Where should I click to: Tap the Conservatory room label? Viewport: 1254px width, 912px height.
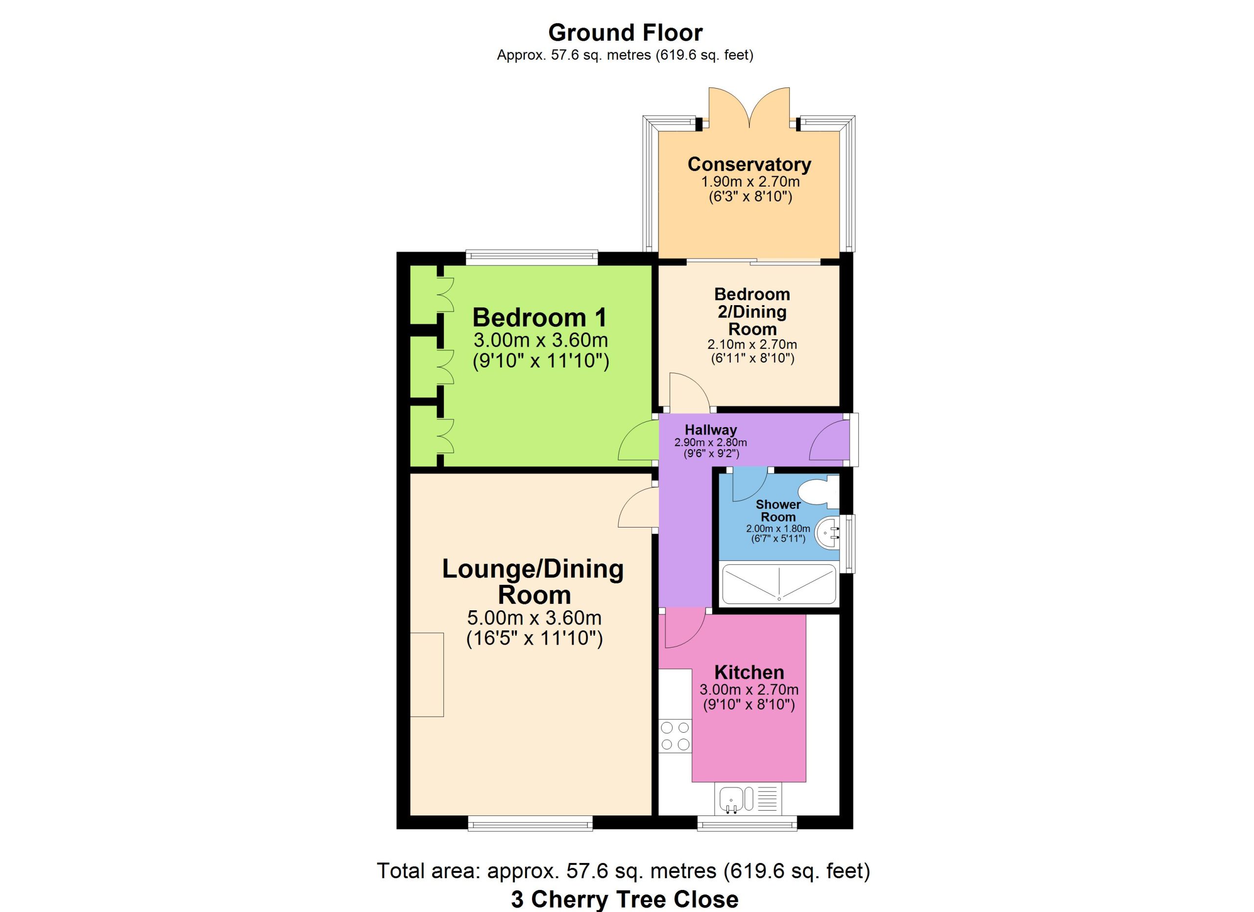click(749, 164)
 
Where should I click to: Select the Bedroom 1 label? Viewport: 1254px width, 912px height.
click(539, 318)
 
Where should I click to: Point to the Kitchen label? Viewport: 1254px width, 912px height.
click(749, 672)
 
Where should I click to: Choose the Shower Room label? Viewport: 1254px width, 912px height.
click(778, 511)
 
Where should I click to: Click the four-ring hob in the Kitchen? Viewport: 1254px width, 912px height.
click(675, 736)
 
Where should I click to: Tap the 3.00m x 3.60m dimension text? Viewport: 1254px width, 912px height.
click(540, 340)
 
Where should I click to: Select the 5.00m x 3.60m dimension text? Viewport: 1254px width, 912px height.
click(534, 618)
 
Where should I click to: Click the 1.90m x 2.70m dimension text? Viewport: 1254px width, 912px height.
click(750, 181)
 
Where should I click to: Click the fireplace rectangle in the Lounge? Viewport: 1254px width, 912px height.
click(427, 674)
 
